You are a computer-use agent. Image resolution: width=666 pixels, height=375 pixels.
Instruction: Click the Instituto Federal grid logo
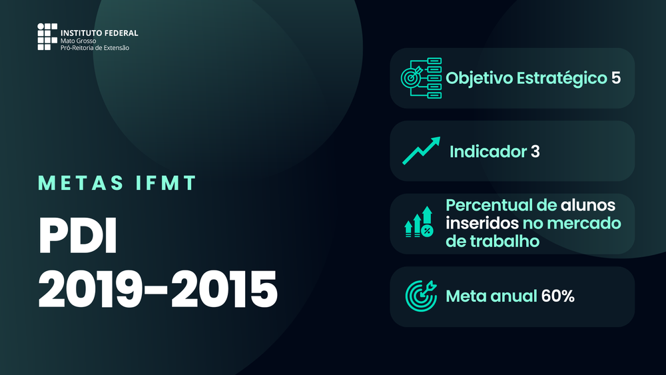[47, 37]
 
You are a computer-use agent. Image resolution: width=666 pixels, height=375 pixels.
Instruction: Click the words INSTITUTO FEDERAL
[99, 33]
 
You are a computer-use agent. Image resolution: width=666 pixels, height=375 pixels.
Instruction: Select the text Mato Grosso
[78, 41]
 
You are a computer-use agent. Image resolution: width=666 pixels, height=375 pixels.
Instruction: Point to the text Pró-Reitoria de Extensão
[95, 47]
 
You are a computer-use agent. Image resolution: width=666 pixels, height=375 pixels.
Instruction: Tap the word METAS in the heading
[81, 183]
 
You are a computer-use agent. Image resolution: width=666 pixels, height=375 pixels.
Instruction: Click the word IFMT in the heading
[166, 183]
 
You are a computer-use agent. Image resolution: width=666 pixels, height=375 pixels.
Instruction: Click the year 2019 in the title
[90, 289]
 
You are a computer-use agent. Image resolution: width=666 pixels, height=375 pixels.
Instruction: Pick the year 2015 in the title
[224, 289]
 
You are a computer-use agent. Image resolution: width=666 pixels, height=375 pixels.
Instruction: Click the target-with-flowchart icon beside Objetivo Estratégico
[422, 78]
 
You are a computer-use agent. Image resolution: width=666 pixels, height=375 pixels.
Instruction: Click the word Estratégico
[562, 79]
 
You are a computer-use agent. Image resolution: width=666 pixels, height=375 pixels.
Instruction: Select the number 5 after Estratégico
[616, 78]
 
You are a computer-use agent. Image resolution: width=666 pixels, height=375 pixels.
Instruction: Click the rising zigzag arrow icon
[422, 151]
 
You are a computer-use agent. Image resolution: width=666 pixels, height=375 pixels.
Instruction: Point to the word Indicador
[488, 152]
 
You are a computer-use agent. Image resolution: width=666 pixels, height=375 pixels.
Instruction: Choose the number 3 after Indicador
[535, 152]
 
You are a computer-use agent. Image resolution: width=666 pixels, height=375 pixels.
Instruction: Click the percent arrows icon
[419, 222]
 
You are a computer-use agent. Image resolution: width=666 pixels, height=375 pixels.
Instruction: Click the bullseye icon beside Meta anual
[421, 296]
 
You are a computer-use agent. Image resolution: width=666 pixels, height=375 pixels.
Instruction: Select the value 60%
[557, 296]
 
